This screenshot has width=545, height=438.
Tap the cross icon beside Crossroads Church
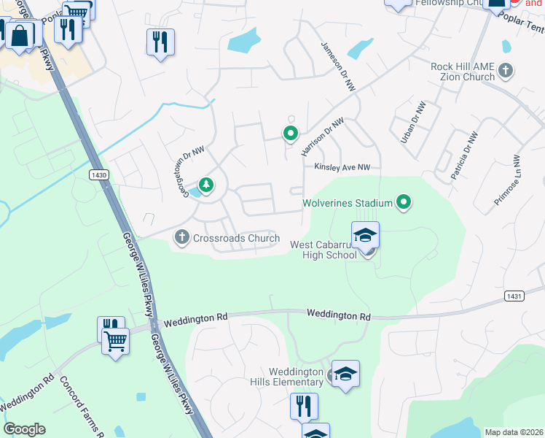tap(181, 237)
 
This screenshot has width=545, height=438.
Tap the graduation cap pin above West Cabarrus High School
tap(365, 235)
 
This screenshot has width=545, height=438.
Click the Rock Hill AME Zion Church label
tap(462, 72)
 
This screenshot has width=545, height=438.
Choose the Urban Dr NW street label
tap(417, 122)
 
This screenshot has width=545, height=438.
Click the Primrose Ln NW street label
tap(507, 180)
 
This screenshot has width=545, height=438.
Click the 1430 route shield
tap(99, 175)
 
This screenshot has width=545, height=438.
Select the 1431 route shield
tap(513, 294)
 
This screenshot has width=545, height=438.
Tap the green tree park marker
tap(207, 185)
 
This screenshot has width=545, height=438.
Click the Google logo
tap(24, 429)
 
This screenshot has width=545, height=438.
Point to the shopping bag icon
tap(20, 34)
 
